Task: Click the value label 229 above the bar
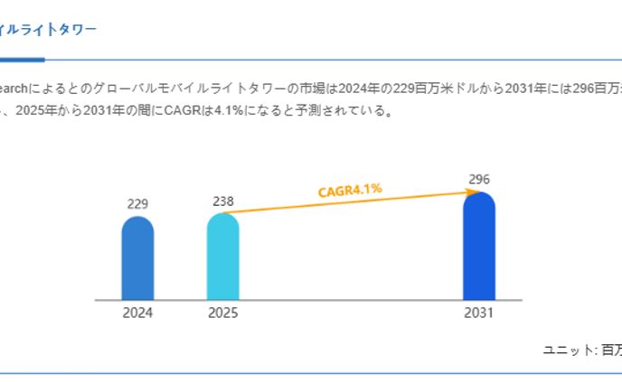(x=137, y=204)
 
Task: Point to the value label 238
(x=222, y=201)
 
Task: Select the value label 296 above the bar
(x=479, y=179)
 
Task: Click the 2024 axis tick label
(x=137, y=313)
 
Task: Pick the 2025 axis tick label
(x=222, y=313)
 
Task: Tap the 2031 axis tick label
(x=479, y=313)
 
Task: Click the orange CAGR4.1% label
(x=350, y=190)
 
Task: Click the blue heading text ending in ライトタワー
(x=50, y=30)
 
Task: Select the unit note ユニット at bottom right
(x=568, y=349)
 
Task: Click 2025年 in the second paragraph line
(x=39, y=112)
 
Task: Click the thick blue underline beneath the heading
(x=22, y=60)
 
